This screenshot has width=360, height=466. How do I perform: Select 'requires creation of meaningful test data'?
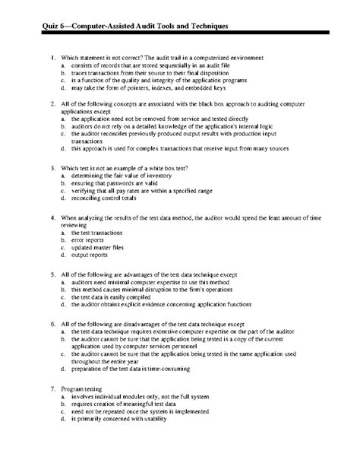point(126,404)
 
